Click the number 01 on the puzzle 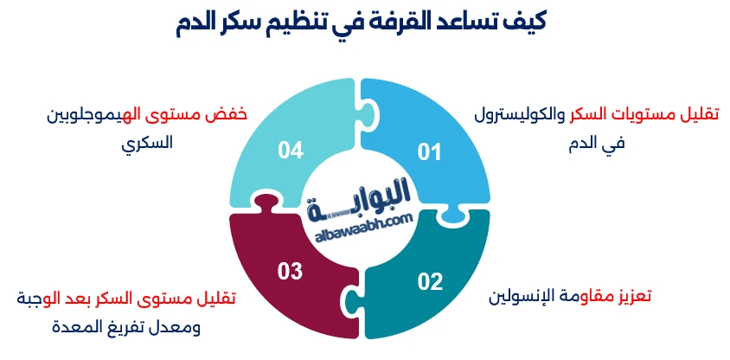point(429,152)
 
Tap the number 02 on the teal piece point(430,280)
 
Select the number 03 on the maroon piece point(290,271)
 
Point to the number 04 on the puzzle point(291,151)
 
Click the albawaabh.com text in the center point(359,222)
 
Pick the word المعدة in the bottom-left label point(80,329)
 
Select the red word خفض point(221,114)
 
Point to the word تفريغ point(138,329)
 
